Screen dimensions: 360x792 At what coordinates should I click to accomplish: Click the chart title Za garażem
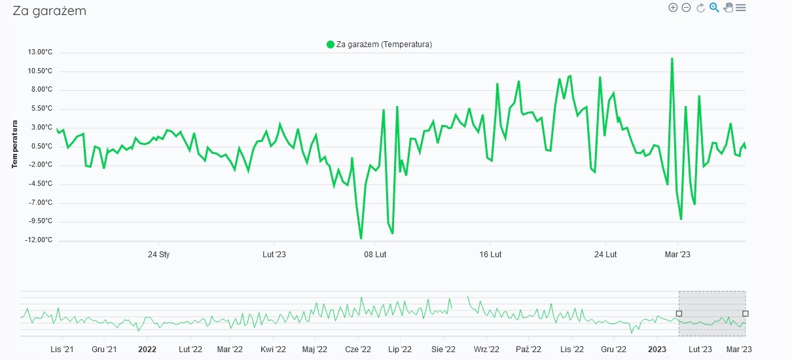pos(50,11)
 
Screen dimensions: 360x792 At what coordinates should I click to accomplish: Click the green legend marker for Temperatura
pos(331,45)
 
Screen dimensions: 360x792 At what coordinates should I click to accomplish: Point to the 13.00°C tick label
pos(37,52)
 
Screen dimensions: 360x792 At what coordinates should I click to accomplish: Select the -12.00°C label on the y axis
pos(36,240)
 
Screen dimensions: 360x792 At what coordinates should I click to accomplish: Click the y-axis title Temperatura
pos(14,144)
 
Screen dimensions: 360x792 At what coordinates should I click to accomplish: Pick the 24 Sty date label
pos(158,254)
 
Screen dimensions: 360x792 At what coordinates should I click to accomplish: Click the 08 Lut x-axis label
pos(375,254)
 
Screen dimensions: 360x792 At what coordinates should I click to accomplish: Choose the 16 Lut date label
pos(490,254)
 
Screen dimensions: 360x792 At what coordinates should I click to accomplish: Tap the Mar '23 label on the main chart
pos(677,254)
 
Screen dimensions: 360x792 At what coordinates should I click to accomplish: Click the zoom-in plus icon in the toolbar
pos(673,8)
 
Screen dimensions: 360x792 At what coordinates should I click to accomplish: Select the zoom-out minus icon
pos(687,8)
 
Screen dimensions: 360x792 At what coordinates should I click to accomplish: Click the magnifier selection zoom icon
pos(714,8)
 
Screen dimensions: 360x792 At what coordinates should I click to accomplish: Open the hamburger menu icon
pos(741,8)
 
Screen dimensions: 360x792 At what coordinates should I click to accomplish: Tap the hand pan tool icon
pos(728,8)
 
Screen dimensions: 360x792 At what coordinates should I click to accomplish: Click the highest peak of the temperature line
pos(672,59)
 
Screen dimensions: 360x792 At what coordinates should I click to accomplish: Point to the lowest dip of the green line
pos(361,238)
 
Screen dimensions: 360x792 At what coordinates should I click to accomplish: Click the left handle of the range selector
pos(679,314)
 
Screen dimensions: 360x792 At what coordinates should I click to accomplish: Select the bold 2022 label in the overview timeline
pos(147,350)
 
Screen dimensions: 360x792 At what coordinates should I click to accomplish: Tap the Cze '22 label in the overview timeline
pos(358,350)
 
